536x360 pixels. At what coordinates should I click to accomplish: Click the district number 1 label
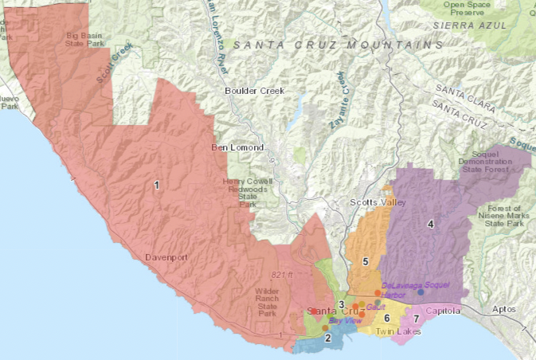click(157, 185)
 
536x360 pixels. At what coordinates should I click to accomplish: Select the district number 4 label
click(431, 224)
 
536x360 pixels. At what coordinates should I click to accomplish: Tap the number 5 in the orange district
click(365, 261)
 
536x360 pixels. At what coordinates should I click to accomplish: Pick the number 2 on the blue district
click(327, 338)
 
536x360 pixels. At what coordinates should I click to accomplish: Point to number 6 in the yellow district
click(387, 319)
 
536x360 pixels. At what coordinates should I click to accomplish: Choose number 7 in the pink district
click(416, 319)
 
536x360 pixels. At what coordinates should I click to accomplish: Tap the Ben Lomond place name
click(237, 148)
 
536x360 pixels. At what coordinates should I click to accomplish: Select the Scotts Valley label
click(378, 202)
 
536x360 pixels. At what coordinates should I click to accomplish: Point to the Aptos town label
click(504, 308)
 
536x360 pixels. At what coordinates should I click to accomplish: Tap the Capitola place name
click(443, 311)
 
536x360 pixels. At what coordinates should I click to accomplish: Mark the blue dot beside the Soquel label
click(421, 292)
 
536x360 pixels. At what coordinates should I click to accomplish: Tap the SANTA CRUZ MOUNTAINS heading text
click(338, 45)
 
